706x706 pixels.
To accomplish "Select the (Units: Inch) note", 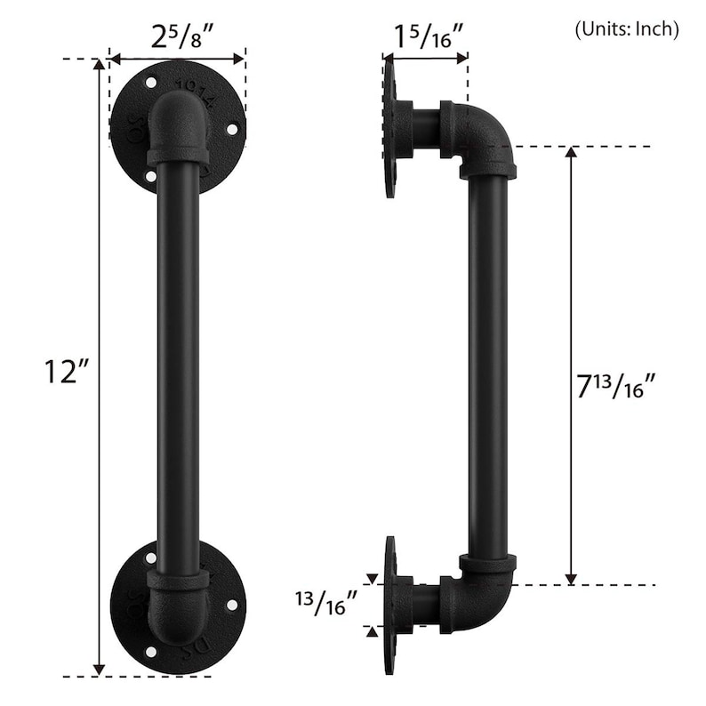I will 626,28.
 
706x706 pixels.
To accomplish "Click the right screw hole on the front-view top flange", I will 232,130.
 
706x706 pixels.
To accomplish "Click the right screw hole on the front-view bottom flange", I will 232,605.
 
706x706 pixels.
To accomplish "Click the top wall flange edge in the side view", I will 390,126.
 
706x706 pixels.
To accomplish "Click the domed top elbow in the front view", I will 178,124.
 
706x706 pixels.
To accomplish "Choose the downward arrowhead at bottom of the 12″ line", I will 99,668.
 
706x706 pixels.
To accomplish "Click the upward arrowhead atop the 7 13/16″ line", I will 571,154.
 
